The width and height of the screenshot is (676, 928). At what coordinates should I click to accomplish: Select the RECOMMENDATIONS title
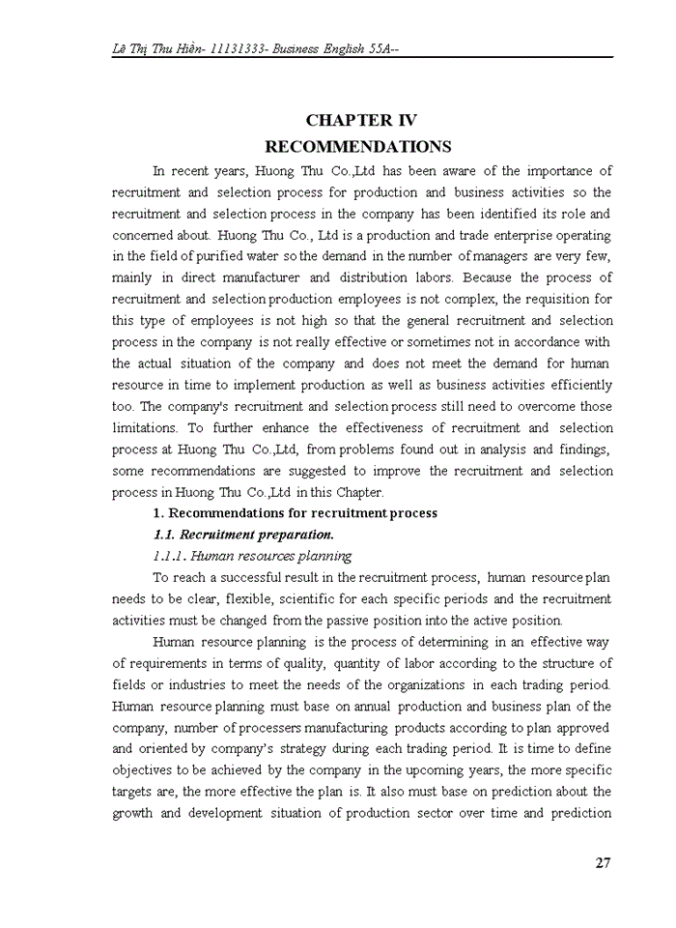(358, 147)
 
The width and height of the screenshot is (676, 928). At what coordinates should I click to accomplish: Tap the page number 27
(603, 863)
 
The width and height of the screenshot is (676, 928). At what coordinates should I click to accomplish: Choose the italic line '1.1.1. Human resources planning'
(252, 556)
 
